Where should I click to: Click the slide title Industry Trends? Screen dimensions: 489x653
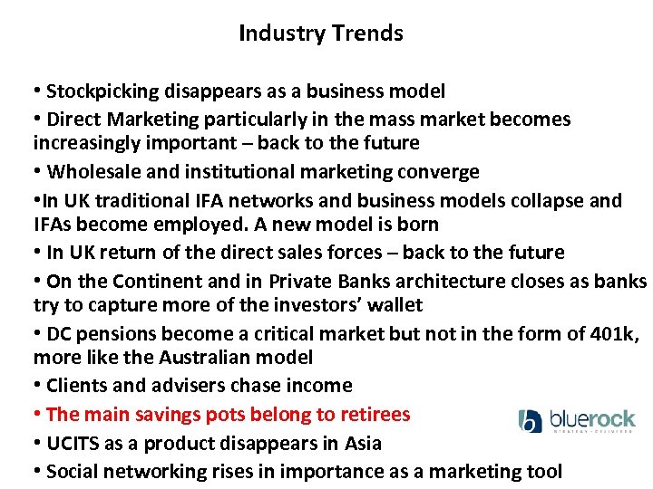pyautogui.click(x=320, y=34)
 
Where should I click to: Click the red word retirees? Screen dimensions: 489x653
pyautogui.click(x=375, y=415)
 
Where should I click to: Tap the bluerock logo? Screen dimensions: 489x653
pyautogui.click(x=577, y=421)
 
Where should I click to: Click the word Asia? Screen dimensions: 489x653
pyautogui.click(x=363, y=444)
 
